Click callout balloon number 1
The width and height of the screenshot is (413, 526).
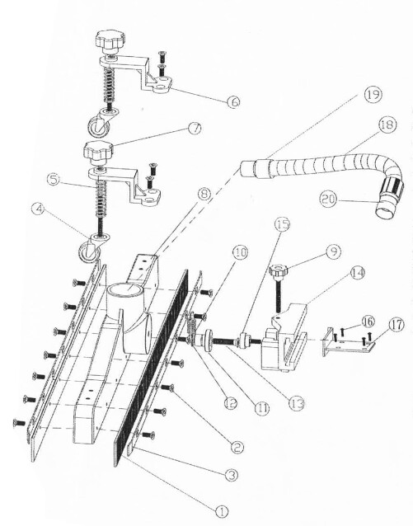[x=221, y=510]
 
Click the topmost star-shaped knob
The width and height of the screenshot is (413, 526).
[x=110, y=39]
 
